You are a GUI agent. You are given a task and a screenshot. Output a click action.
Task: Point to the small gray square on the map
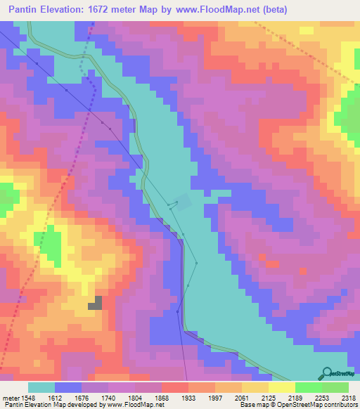coord(94,303)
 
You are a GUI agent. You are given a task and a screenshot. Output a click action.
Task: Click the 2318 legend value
coord(348,397)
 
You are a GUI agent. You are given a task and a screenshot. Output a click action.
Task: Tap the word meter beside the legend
coord(10,397)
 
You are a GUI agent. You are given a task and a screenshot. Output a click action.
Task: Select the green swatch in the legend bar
coord(308,387)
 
